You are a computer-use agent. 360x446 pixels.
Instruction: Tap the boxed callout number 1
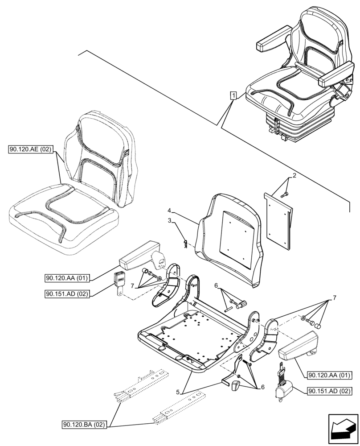[x=233, y=95]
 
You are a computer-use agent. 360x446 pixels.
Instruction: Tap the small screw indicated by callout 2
[x=285, y=194]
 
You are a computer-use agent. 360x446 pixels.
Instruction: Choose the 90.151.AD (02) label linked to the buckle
[x=67, y=293]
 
